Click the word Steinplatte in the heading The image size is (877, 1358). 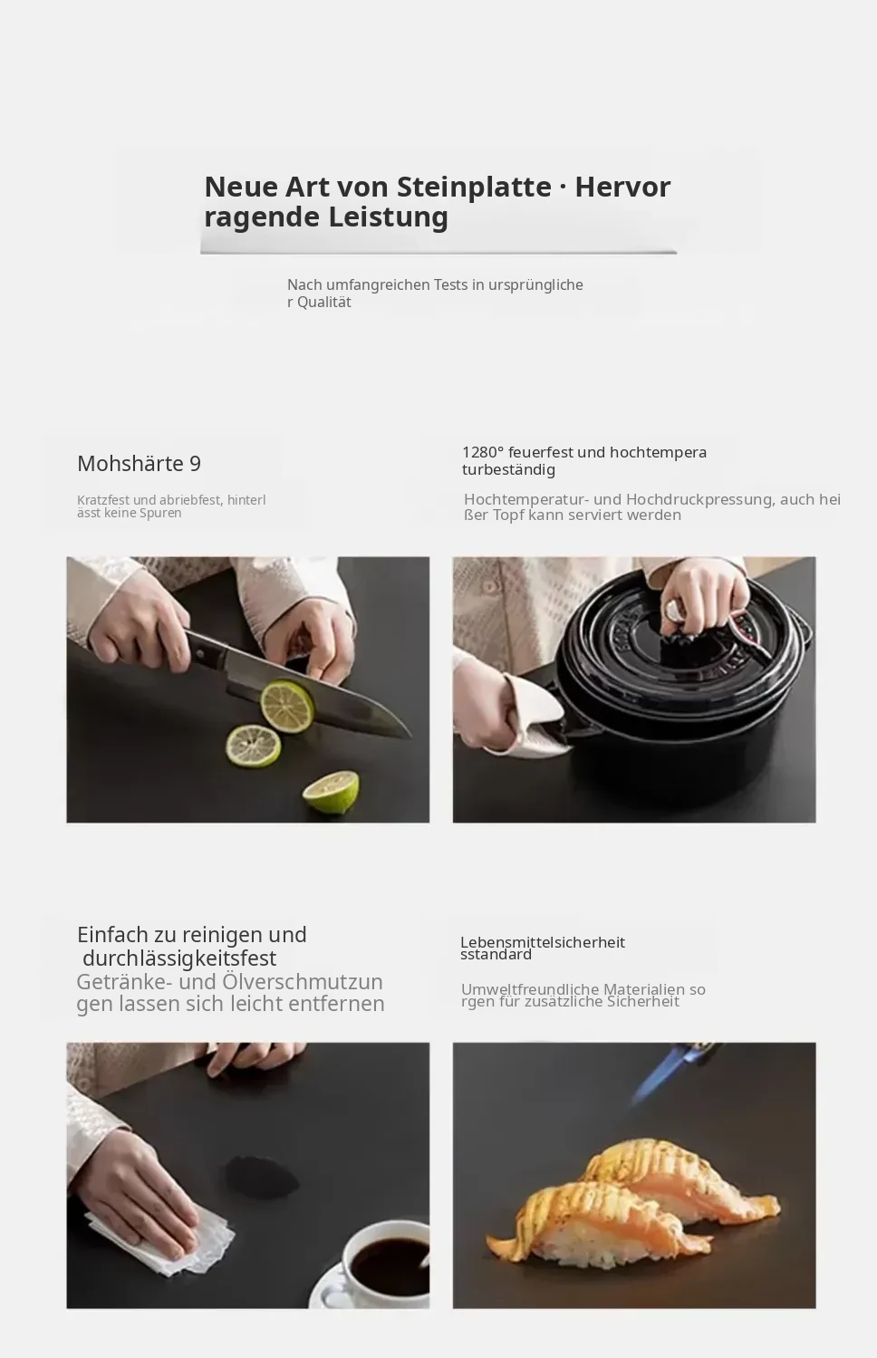click(474, 187)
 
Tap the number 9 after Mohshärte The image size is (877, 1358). click(195, 464)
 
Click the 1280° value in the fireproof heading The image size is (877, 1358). click(483, 452)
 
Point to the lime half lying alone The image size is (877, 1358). click(331, 792)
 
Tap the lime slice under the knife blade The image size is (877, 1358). click(287, 707)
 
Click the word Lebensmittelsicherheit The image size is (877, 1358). click(543, 942)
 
